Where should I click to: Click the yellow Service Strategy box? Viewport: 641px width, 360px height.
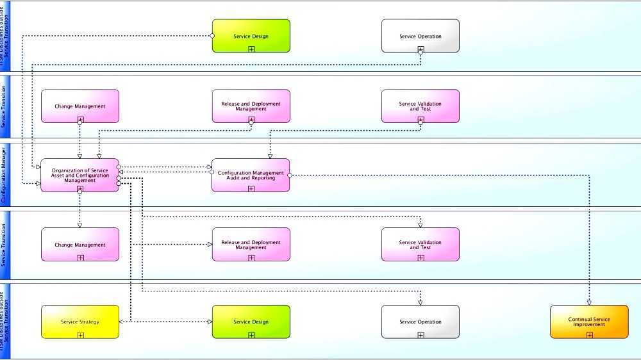pos(80,322)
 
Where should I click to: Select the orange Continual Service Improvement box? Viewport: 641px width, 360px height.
pos(589,322)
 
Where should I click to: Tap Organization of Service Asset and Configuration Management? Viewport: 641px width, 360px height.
pos(80,175)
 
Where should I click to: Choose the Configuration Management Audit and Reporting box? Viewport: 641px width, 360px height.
pos(251,175)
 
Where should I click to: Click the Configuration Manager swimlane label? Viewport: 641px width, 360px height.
pos(4,174)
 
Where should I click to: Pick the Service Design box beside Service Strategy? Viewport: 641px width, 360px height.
pos(251,322)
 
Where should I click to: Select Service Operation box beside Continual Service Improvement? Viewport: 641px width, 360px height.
pos(420,322)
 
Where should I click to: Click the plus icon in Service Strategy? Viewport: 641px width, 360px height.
pos(81,334)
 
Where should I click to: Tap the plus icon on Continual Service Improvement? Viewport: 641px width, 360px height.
pos(589,334)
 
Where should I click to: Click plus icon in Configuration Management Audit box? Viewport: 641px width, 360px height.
pos(251,188)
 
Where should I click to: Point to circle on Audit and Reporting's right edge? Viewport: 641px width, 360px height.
pos(290,175)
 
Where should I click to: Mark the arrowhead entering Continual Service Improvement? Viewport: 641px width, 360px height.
pos(589,302)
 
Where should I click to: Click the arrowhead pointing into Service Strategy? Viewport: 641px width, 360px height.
pos(122,322)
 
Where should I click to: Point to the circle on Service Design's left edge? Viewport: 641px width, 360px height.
pos(212,36)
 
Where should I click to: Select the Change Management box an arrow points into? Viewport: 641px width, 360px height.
pos(80,244)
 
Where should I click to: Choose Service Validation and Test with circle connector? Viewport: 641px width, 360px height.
pos(420,106)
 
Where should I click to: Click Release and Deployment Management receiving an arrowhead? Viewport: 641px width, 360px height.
pos(251,244)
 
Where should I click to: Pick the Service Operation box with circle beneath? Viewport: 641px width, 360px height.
pos(420,36)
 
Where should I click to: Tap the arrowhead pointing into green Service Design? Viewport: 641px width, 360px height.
pos(209,322)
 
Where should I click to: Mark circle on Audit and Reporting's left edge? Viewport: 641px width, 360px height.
pos(212,172)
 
